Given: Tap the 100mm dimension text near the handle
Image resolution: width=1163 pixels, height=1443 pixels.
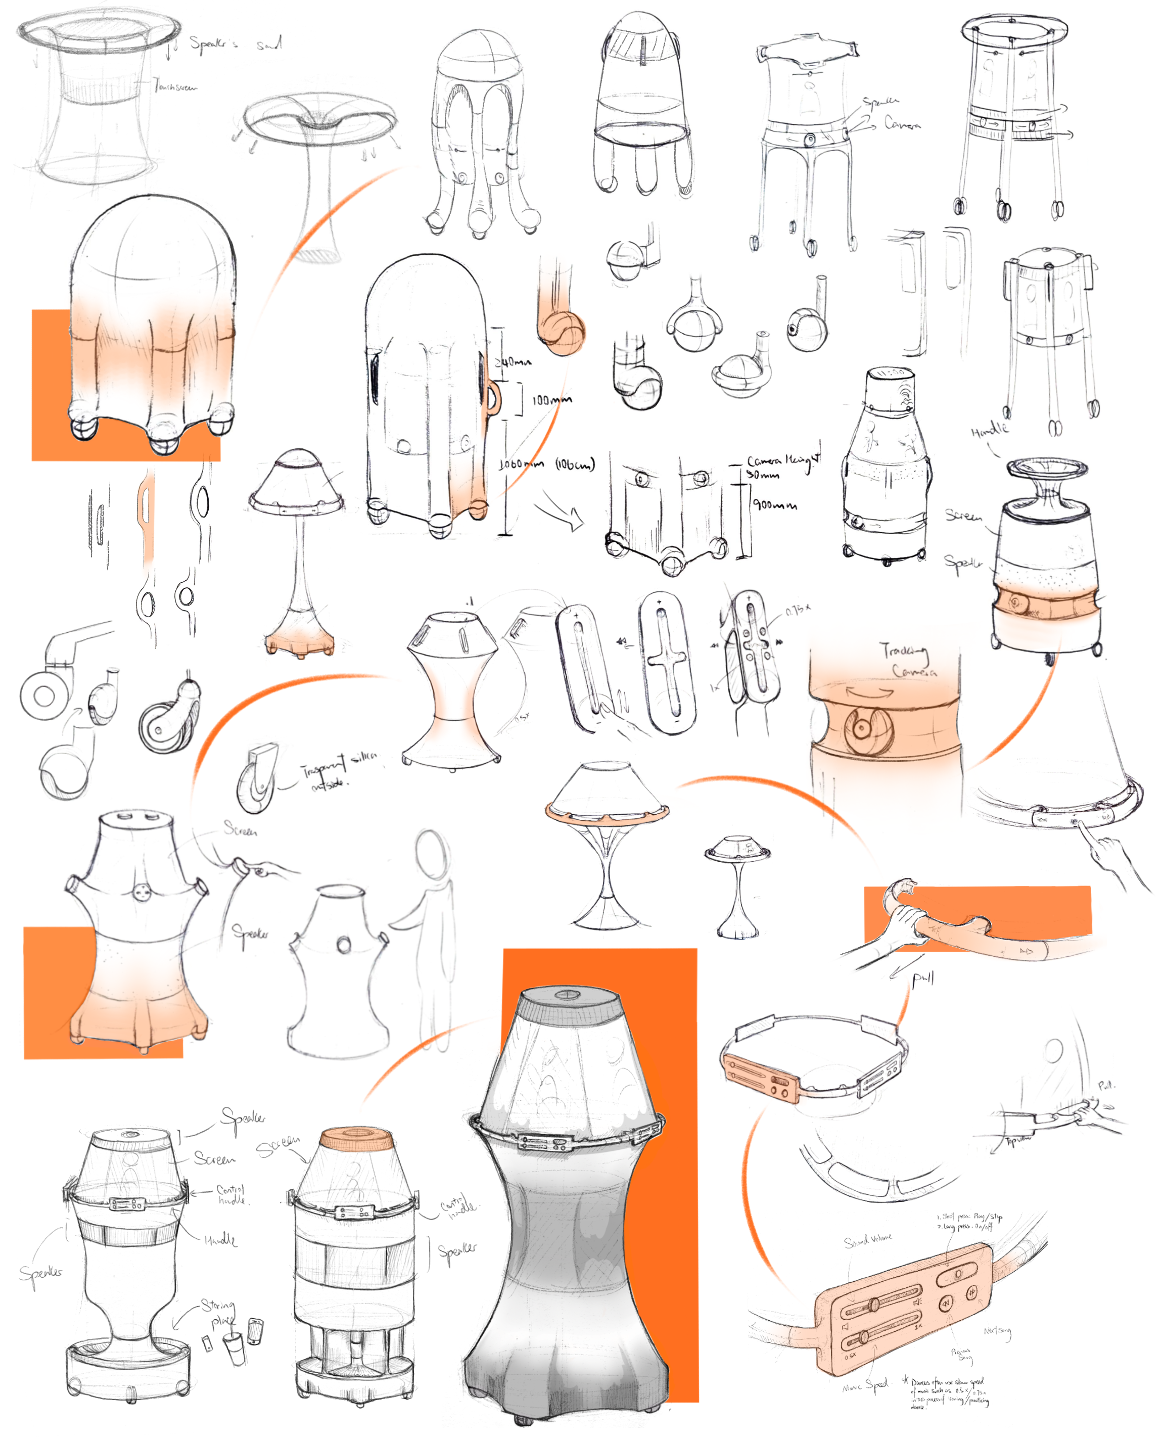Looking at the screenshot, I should [551, 400].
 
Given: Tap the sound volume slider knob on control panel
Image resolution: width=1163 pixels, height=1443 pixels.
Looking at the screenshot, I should [873, 1304].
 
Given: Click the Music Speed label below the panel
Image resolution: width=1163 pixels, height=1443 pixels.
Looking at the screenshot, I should [865, 1385].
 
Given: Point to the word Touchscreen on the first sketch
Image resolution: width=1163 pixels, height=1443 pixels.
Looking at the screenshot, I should [175, 86].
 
